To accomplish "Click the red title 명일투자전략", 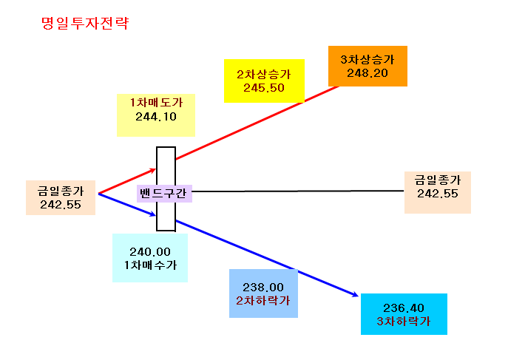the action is coord(85,23).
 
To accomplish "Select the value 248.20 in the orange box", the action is coord(368,73).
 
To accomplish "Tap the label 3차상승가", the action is coord(368,59).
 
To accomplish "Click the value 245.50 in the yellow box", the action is coord(264,88).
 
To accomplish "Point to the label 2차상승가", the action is coord(264,74).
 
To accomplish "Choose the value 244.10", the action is coord(156,117).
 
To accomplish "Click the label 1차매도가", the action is coord(156,102).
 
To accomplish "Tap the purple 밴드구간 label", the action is coord(163,193).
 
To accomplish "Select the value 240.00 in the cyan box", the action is coord(150,251).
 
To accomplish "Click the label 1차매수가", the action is coord(150,265).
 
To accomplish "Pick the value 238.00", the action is coord(263,287).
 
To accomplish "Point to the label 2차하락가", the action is coord(263,301).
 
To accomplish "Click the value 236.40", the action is coord(404,308).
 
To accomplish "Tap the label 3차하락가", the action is coord(404,321).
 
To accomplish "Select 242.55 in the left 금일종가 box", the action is coord(61,205).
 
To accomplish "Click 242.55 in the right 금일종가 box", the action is coord(437,194).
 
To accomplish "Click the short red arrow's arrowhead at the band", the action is coord(155,169).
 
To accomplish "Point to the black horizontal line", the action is coord(298,191).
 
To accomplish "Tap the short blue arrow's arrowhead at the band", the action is coord(155,214).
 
